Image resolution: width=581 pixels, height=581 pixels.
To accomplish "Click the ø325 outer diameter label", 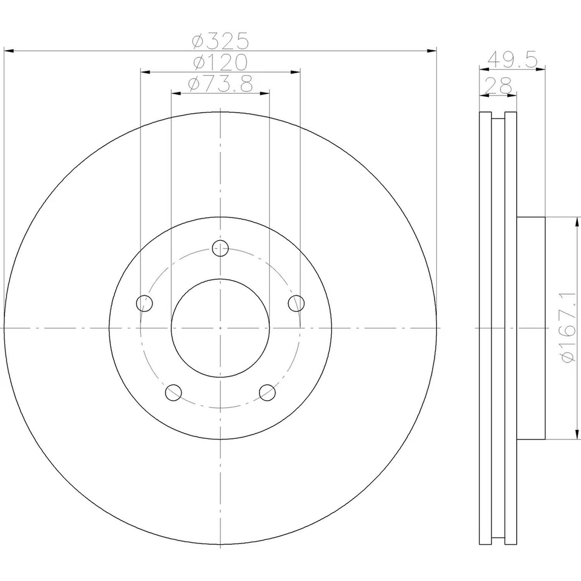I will click(x=220, y=41).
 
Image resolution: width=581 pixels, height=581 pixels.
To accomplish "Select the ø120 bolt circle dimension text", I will click(x=220, y=62).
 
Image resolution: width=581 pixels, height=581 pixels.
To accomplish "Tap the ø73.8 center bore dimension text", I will click(x=220, y=84).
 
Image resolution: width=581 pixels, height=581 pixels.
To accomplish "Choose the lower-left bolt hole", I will click(x=174, y=392).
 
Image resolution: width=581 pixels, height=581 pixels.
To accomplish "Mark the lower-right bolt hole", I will click(x=267, y=392).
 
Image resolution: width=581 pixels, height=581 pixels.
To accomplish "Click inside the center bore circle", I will click(x=220, y=327).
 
